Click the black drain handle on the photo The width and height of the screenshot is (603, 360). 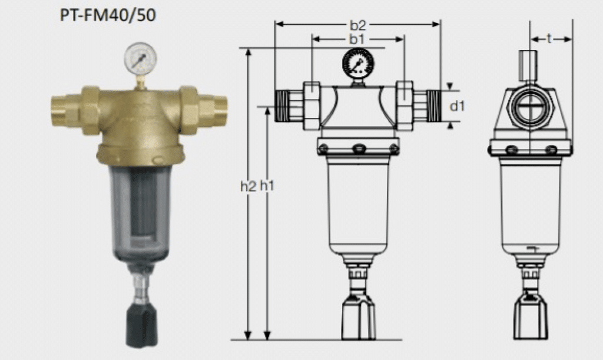(x=141, y=325)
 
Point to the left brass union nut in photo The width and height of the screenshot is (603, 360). (x=90, y=110)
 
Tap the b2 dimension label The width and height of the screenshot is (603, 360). (x=358, y=25)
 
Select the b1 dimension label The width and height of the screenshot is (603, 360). (x=355, y=39)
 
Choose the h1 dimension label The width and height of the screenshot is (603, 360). (x=268, y=186)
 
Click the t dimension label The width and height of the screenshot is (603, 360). (x=549, y=39)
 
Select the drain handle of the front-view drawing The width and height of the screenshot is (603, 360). (x=359, y=318)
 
